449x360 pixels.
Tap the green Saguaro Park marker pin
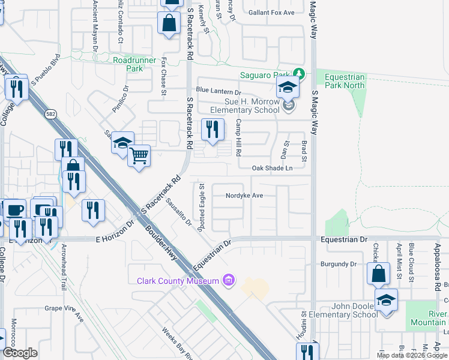(301, 75)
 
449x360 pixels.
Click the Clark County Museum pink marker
(228, 280)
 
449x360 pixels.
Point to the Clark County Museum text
(178, 281)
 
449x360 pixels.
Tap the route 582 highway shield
(50, 114)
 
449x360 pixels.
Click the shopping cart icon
(139, 156)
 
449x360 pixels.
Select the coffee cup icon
(14, 210)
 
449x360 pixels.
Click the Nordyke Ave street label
(244, 196)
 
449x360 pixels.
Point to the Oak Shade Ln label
(272, 168)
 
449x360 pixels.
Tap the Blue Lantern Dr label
(218, 92)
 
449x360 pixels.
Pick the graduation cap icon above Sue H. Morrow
(288, 88)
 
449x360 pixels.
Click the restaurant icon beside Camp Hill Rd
(212, 128)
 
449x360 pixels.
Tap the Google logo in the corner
(20, 353)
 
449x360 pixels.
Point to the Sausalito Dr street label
(179, 214)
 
